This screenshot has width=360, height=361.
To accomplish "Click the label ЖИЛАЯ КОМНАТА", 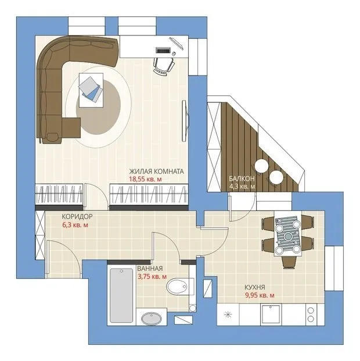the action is pyautogui.click(x=156, y=171).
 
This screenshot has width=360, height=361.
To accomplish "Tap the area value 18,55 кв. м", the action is pyautogui.click(x=145, y=179).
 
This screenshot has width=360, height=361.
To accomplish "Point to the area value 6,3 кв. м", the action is pyautogui.click(x=75, y=225).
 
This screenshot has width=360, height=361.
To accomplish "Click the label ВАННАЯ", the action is pyautogui.click(x=150, y=269).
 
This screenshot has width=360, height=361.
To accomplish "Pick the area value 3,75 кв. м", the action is pyautogui.click(x=152, y=277).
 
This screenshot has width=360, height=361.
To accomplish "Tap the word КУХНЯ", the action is pyautogui.click(x=255, y=287).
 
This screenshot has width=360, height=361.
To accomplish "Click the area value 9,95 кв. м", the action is pyautogui.click(x=260, y=295).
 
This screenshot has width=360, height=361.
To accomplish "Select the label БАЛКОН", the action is pyautogui.click(x=242, y=178).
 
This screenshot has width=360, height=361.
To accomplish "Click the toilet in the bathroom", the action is pyautogui.click(x=180, y=287).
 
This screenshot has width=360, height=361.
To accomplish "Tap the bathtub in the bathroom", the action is pyautogui.click(x=121, y=295).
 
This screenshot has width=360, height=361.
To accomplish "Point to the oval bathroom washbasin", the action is pyautogui.click(x=152, y=319).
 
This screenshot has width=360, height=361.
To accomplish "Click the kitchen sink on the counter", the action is pyautogui.click(x=271, y=314).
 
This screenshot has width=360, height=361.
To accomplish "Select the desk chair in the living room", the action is pyautogui.click(x=164, y=65).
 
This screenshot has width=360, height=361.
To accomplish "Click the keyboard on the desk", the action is pyautogui.click(x=163, y=50).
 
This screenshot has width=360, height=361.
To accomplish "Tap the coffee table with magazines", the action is pyautogui.click(x=91, y=90).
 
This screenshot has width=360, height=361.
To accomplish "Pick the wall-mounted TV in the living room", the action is pyautogui.click(x=185, y=121).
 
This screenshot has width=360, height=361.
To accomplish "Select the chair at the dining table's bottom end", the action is pyautogui.click(x=289, y=262).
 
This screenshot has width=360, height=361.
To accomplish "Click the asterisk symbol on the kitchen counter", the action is pyautogui.click(x=228, y=314).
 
